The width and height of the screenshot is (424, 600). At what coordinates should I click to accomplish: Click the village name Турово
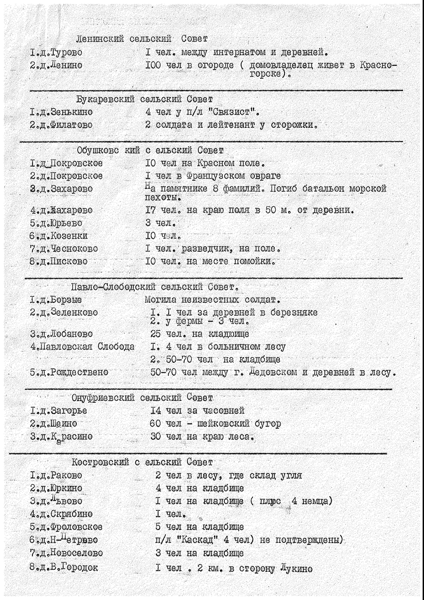coord(65,53)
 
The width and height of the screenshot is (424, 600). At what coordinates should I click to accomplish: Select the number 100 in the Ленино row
coord(155,65)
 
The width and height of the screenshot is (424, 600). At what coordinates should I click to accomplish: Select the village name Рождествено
coord(79,372)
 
